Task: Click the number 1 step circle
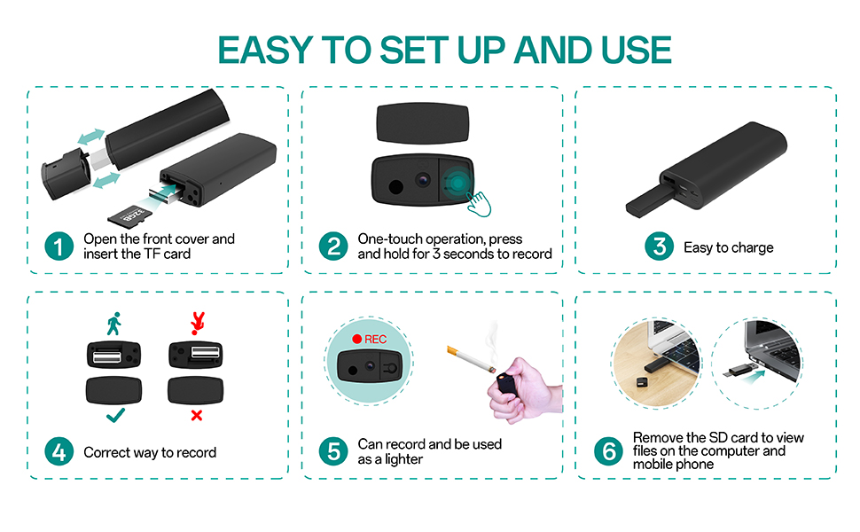59,246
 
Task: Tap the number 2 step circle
333,246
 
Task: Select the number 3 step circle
660,246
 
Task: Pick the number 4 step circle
59,451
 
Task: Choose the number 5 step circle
333,451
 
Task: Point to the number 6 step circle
609,451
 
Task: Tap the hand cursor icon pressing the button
479,204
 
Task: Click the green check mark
115,415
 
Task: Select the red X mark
196,416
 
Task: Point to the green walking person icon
114,324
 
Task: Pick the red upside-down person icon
198,324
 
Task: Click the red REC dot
357,340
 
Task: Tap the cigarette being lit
471,359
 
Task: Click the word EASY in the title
265,50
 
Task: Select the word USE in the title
637,50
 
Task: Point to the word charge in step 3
753,248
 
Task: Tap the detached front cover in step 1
66,174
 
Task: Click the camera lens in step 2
422,179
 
